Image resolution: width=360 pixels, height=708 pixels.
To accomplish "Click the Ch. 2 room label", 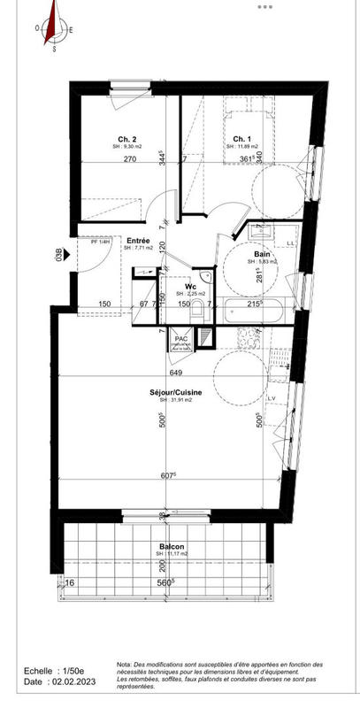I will [126, 139].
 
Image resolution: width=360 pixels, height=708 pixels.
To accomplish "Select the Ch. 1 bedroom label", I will [241, 139].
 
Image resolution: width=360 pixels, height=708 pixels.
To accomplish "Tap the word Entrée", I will [137, 241].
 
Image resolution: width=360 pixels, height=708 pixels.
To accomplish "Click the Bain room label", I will [264, 254].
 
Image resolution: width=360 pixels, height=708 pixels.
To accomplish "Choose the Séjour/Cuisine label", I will [175, 392].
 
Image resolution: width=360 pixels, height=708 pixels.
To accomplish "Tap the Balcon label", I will [172, 546].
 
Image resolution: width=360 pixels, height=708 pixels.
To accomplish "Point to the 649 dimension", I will [175, 373].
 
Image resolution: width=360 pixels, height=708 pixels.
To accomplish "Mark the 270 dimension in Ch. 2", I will [129, 160].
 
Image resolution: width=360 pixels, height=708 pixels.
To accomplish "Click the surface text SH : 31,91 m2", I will [175, 400].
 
